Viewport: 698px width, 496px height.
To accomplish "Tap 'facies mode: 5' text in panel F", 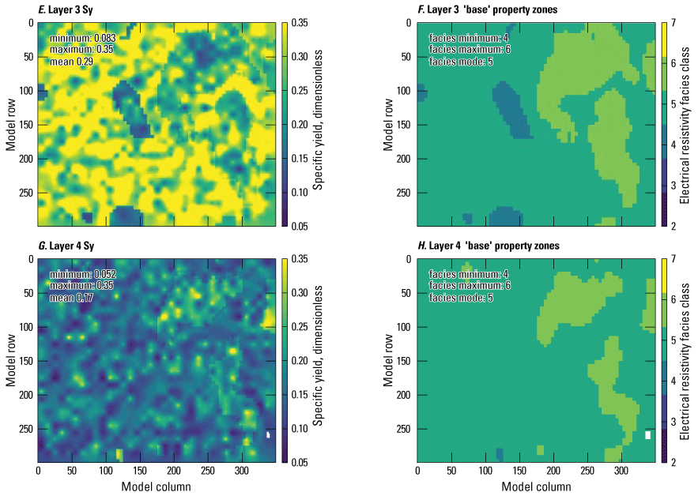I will (x=461, y=61).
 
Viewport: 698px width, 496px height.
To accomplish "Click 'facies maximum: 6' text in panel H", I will (x=468, y=286).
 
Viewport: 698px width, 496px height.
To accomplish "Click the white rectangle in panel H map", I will (x=648, y=434).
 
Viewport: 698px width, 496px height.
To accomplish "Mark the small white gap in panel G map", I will (x=269, y=434).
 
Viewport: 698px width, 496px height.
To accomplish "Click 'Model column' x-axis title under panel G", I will (x=156, y=487).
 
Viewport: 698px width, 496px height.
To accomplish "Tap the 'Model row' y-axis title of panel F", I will (x=388, y=124).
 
